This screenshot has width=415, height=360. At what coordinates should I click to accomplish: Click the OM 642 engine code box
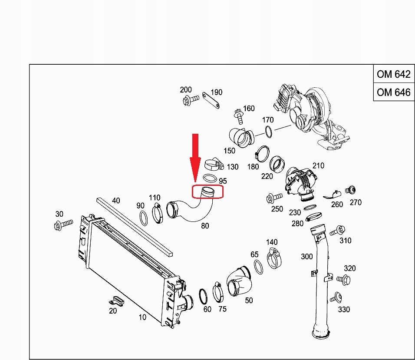click(x=393, y=74)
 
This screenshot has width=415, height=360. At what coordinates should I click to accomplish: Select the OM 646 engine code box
click(x=393, y=92)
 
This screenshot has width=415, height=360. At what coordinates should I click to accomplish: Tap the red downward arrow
click(x=196, y=156)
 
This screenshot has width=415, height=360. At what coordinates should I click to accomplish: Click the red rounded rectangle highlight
click(x=207, y=192)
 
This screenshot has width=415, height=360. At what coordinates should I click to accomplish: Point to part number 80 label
click(x=205, y=226)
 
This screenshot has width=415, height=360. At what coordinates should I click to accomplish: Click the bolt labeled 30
click(x=62, y=225)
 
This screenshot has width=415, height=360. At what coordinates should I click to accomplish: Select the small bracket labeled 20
click(x=116, y=300)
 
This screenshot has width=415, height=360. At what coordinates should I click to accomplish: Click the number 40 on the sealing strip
click(x=116, y=200)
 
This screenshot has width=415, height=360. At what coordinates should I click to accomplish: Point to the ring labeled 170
click(x=269, y=131)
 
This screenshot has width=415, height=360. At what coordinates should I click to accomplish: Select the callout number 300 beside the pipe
click(x=306, y=257)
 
